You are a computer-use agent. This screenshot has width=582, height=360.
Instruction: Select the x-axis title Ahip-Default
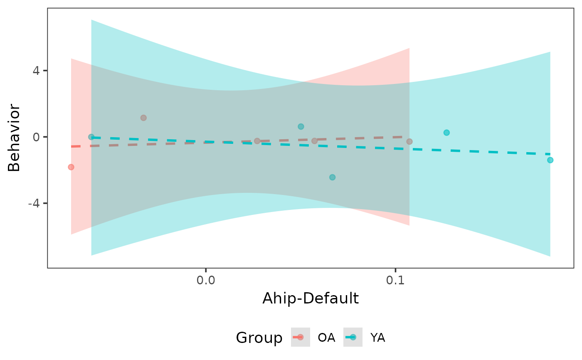[x=310, y=298]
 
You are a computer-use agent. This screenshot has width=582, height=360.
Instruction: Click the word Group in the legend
[x=259, y=338]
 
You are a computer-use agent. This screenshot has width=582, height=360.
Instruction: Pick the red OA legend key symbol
[x=301, y=337]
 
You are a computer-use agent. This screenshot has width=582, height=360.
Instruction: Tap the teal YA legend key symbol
[x=353, y=337]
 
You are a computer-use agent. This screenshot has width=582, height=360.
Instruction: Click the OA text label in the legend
[x=326, y=338]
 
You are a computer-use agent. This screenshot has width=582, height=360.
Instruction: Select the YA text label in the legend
[x=377, y=338]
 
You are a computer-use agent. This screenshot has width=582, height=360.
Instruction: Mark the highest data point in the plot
[x=143, y=118]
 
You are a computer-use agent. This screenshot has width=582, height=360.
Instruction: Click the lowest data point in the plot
[x=332, y=177]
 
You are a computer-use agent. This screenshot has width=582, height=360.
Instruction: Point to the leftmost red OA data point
[x=71, y=167]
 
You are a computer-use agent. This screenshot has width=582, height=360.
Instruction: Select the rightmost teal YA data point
[x=550, y=160]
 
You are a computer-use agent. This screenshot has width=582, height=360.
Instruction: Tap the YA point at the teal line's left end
[x=91, y=137]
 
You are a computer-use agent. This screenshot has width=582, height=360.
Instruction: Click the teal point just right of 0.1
[x=446, y=133]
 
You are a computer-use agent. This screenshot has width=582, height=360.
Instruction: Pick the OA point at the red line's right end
[x=409, y=141]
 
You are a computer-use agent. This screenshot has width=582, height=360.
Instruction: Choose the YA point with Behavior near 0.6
[x=301, y=126]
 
